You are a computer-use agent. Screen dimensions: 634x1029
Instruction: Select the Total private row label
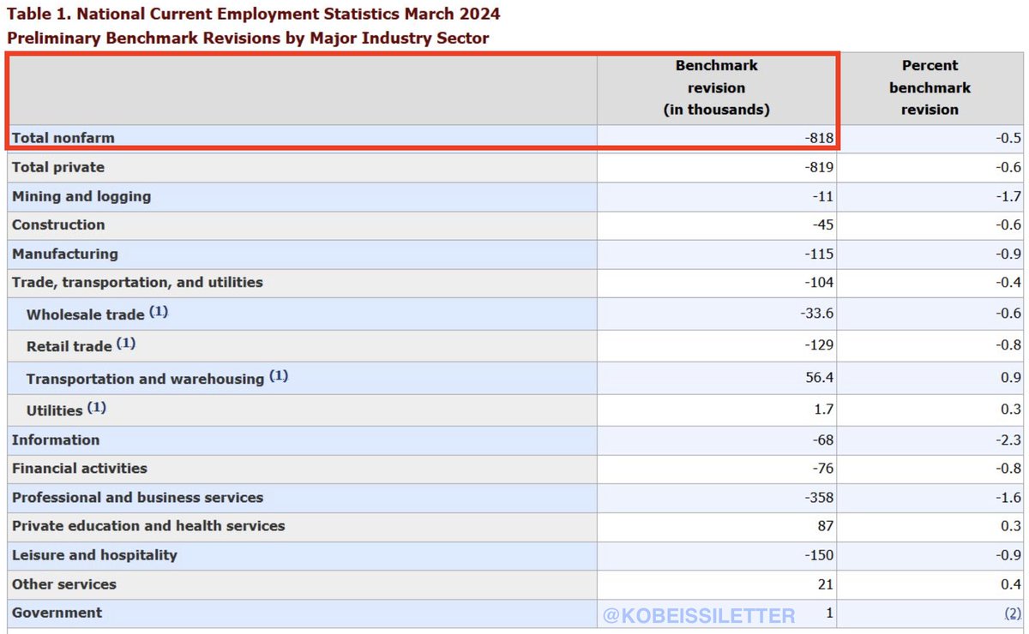click(58, 167)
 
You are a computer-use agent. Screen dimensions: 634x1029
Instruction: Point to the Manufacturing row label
click(65, 254)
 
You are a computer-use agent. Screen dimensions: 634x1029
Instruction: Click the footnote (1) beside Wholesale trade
click(159, 312)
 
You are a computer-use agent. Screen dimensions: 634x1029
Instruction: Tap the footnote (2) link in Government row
click(1013, 613)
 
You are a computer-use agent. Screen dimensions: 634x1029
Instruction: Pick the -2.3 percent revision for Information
click(1009, 440)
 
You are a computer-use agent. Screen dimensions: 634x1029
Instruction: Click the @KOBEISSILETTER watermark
click(699, 615)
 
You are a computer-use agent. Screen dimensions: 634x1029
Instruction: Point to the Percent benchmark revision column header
click(930, 87)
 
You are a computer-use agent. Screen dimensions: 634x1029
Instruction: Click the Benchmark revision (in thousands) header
click(716, 87)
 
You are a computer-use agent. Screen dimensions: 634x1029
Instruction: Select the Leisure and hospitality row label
click(94, 555)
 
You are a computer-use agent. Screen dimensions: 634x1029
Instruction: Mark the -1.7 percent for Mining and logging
click(1009, 196)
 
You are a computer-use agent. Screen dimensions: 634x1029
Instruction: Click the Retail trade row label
click(69, 346)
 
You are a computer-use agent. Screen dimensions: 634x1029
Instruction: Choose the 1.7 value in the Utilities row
click(823, 410)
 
